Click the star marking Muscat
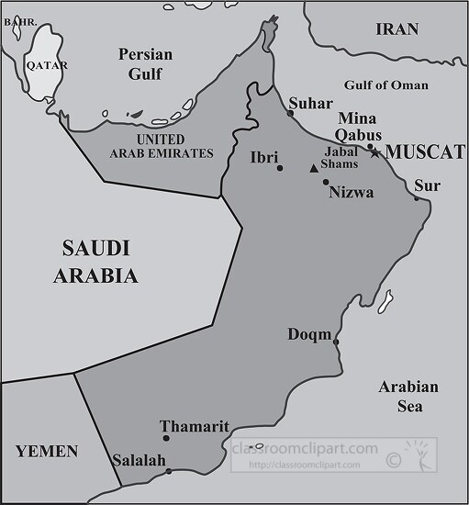tap(374, 152)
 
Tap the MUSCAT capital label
tap(423, 152)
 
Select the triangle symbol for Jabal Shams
tap(314, 168)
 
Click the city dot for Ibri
tap(280, 167)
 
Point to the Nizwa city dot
tap(326, 182)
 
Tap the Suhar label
tap(304, 103)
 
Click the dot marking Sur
tap(416, 198)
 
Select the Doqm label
tap(309, 334)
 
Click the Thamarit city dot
tap(165, 438)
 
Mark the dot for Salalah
tap(169, 472)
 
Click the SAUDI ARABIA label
tap(95, 261)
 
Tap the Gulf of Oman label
tap(385, 85)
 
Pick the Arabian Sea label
tap(408, 395)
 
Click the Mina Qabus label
tap(358, 127)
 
